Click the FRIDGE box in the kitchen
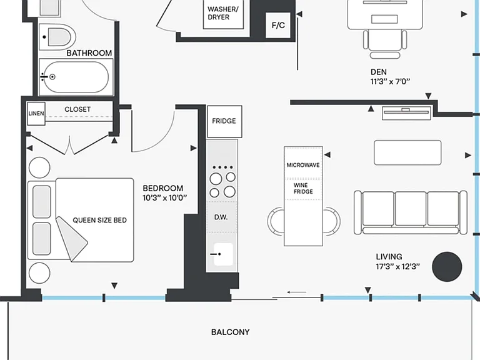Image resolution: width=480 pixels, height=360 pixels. [x=224, y=121]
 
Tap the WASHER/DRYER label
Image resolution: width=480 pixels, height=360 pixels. [x=222, y=13]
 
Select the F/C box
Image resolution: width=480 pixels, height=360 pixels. [x=278, y=25]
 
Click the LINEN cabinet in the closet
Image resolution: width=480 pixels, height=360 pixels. [x=36, y=114]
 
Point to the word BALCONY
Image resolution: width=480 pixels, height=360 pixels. [x=230, y=332]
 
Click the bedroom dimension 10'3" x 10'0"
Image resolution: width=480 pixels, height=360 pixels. [x=165, y=197]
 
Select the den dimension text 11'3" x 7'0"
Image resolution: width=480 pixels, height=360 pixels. [x=390, y=81]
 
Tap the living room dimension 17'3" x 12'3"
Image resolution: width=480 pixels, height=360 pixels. [x=397, y=267]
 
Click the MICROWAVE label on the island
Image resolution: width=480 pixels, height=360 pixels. [x=303, y=165]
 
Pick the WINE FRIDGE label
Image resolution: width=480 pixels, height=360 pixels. [x=303, y=188]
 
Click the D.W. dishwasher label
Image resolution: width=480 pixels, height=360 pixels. [x=221, y=217]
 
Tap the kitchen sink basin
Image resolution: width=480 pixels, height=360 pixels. [x=223, y=254]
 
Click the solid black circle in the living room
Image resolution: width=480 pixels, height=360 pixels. [x=447, y=267]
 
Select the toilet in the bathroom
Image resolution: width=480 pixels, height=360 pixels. [x=58, y=37]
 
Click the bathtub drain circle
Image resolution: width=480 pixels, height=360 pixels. [x=52, y=77]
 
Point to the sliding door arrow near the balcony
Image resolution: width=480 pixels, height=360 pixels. [x=297, y=292]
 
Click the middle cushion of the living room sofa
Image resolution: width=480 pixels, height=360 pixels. [x=410, y=209]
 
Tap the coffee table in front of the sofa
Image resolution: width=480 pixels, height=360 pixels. [x=407, y=152]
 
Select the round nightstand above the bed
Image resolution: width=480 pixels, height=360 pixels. [x=39, y=167]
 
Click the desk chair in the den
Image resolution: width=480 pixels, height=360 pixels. [x=385, y=44]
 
